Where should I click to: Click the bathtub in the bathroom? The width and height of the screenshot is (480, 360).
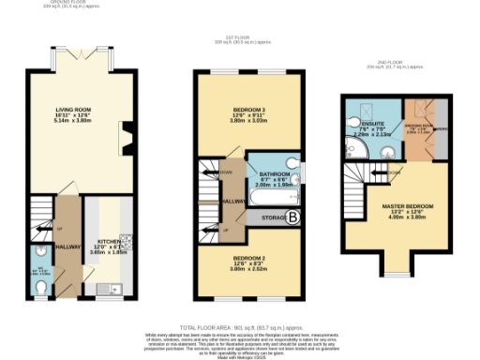click(x=272, y=198)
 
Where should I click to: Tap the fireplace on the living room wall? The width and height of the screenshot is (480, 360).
click(x=127, y=138)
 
